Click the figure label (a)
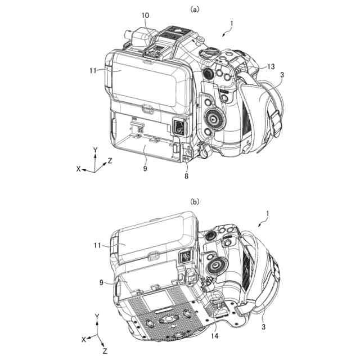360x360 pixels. (195, 10)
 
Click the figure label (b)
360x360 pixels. (195, 201)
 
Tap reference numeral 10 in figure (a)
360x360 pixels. (145, 16)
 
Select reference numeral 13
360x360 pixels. (271, 66)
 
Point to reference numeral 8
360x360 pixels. (186, 176)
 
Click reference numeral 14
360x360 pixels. (214, 336)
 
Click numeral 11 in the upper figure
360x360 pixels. (93, 70)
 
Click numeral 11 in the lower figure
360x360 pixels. (97, 245)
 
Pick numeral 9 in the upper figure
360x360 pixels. (145, 169)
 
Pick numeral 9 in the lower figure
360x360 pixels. (101, 282)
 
